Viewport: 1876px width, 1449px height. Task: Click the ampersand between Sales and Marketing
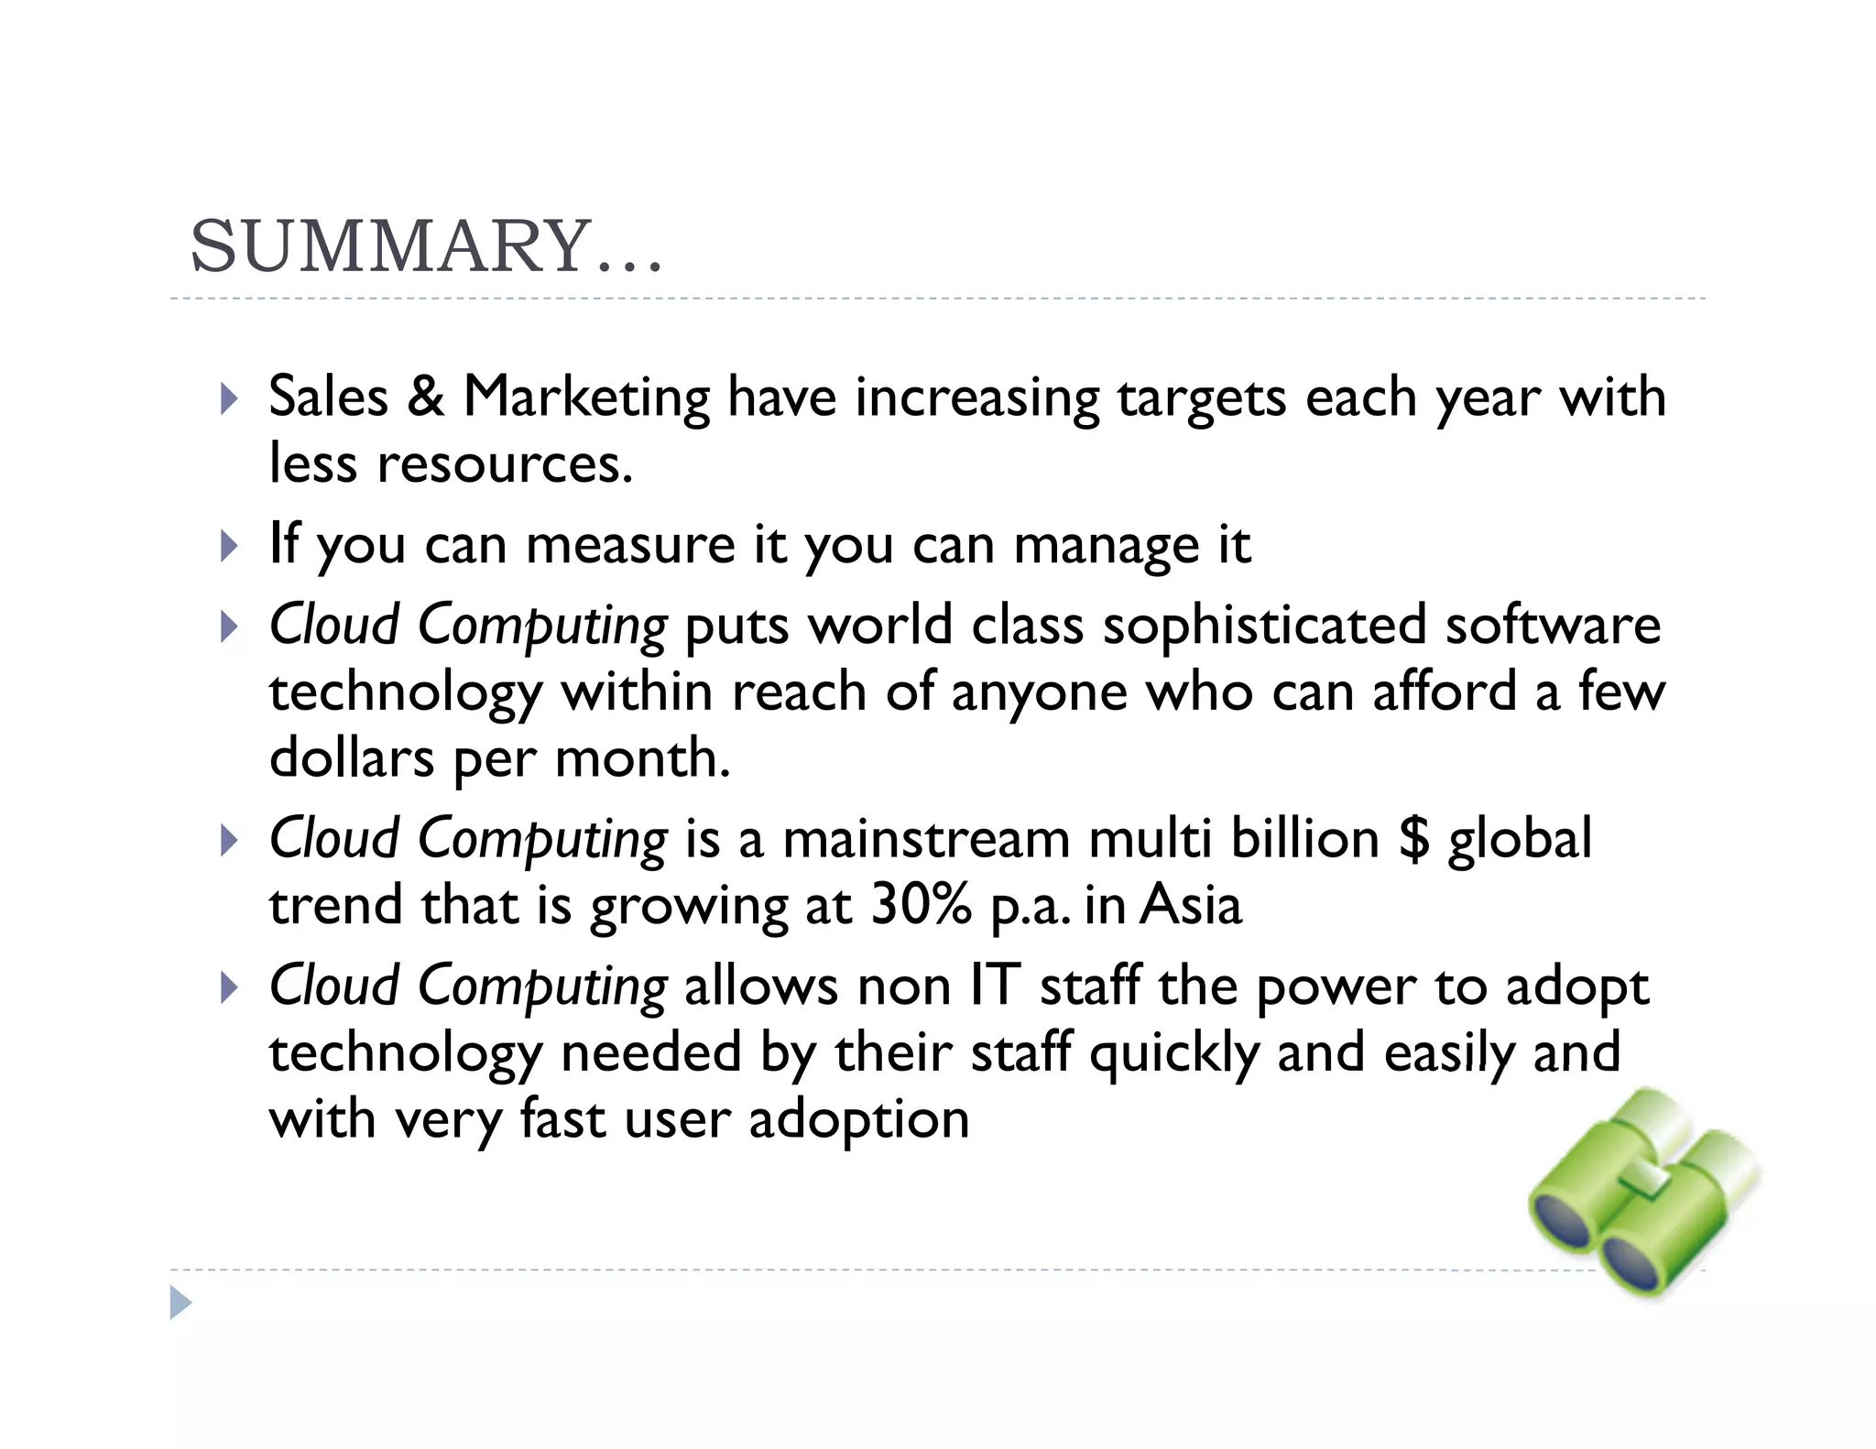426,398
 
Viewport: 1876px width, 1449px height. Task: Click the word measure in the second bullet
630,546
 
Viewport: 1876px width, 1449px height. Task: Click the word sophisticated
1264,626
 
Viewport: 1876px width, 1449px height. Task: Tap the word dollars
352,758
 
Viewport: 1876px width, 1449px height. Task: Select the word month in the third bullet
641,758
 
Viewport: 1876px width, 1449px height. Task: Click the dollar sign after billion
1414,839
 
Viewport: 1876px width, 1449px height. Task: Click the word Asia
1191,905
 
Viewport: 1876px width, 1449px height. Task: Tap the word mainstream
926,839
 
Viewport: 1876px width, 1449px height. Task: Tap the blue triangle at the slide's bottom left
180,1302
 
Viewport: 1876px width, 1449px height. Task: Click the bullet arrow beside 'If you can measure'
229,547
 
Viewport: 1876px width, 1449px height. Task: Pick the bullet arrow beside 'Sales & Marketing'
229,398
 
